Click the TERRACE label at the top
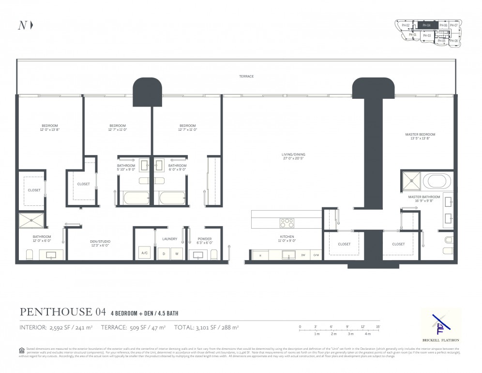(246, 77)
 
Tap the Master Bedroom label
(420, 134)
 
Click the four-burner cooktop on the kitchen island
(287, 223)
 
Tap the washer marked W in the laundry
(177, 253)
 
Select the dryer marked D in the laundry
(165, 253)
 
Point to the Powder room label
(205, 239)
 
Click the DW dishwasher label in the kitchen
(303, 255)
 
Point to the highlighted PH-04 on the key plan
(427, 25)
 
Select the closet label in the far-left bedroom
(34, 190)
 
